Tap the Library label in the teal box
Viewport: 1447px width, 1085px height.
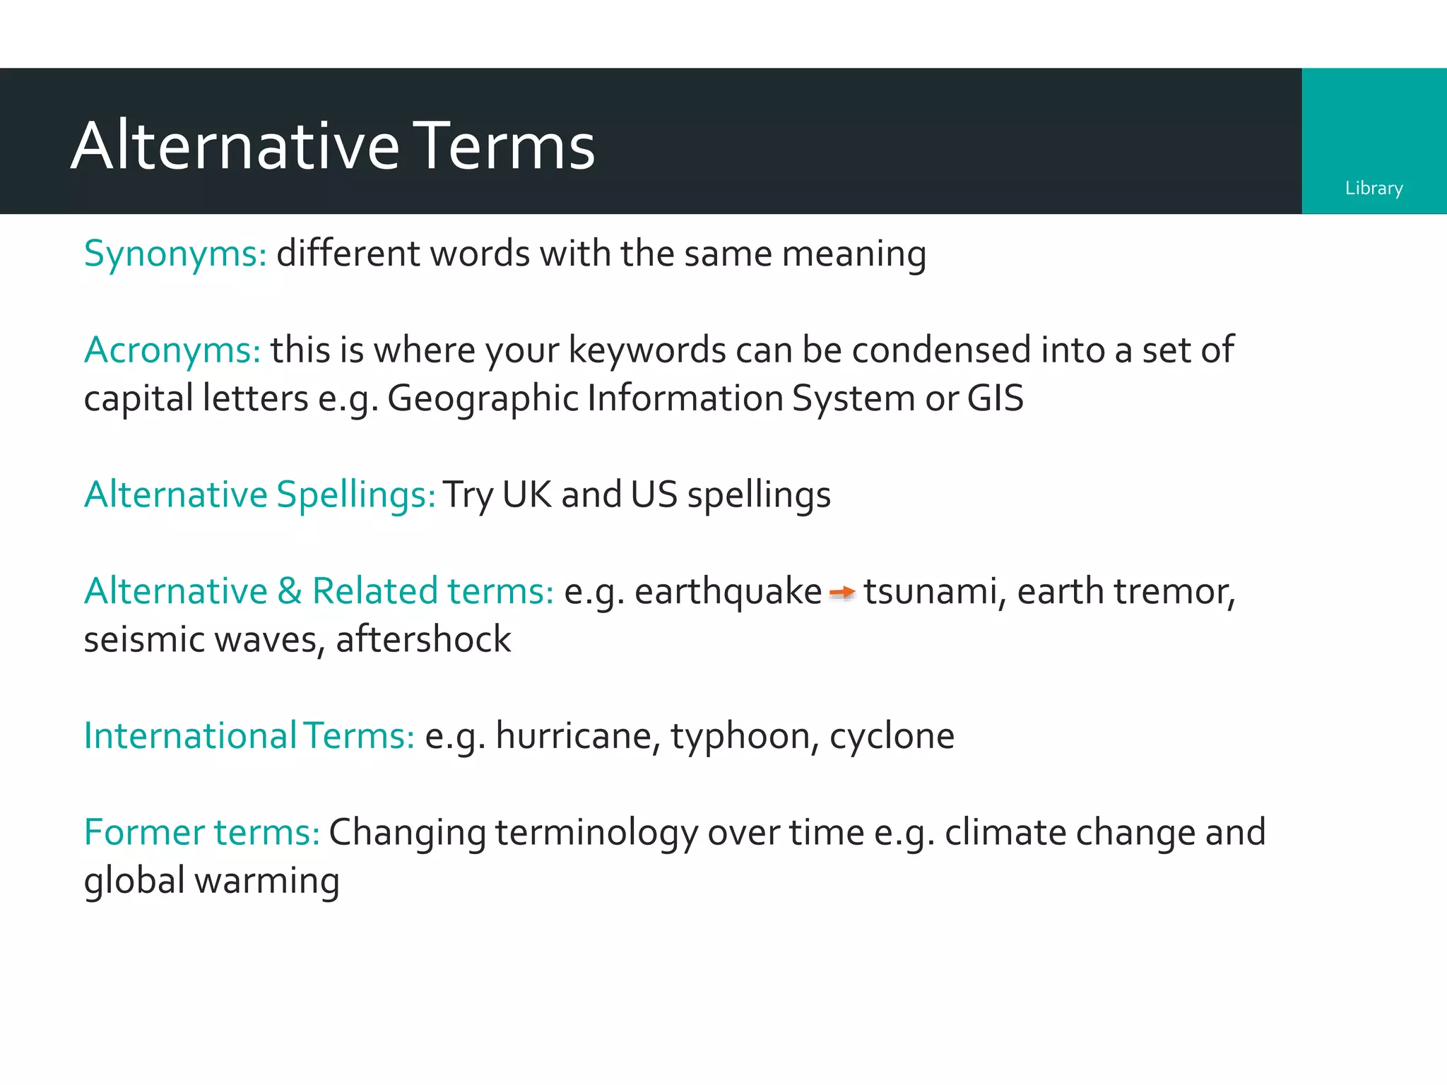click(x=1374, y=188)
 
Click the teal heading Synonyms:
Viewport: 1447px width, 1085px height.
click(x=175, y=254)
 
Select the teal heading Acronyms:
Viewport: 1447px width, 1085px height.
click(x=172, y=350)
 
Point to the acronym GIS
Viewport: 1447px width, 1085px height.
click(x=995, y=398)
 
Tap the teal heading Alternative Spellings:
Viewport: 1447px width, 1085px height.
click(x=260, y=494)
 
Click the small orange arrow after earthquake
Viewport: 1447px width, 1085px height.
click(x=841, y=592)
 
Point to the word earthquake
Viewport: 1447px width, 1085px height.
click(x=728, y=592)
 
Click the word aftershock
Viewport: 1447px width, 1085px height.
click(x=423, y=639)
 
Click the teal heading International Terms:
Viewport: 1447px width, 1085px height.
click(x=249, y=736)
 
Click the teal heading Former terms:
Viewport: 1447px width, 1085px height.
click(x=202, y=832)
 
